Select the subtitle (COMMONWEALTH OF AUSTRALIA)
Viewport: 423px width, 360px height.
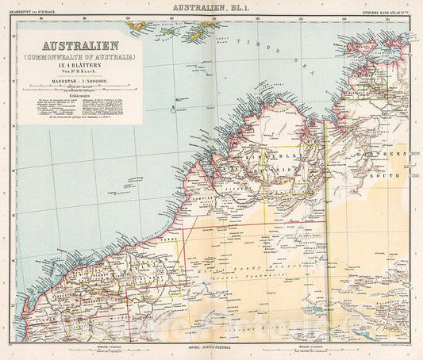81,58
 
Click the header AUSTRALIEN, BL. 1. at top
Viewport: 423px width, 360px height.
211,7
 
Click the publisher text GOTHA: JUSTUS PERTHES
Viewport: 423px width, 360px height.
211,349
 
